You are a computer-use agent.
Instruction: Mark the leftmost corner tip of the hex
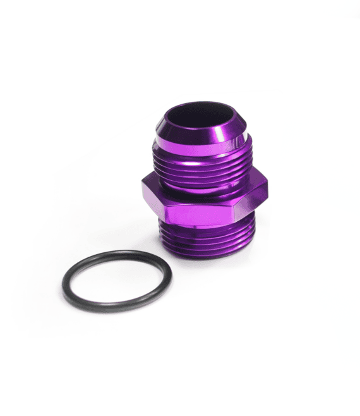pos(141,188)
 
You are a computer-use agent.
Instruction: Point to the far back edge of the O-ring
pos(120,253)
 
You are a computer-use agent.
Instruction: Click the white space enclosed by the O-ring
pos(117,281)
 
